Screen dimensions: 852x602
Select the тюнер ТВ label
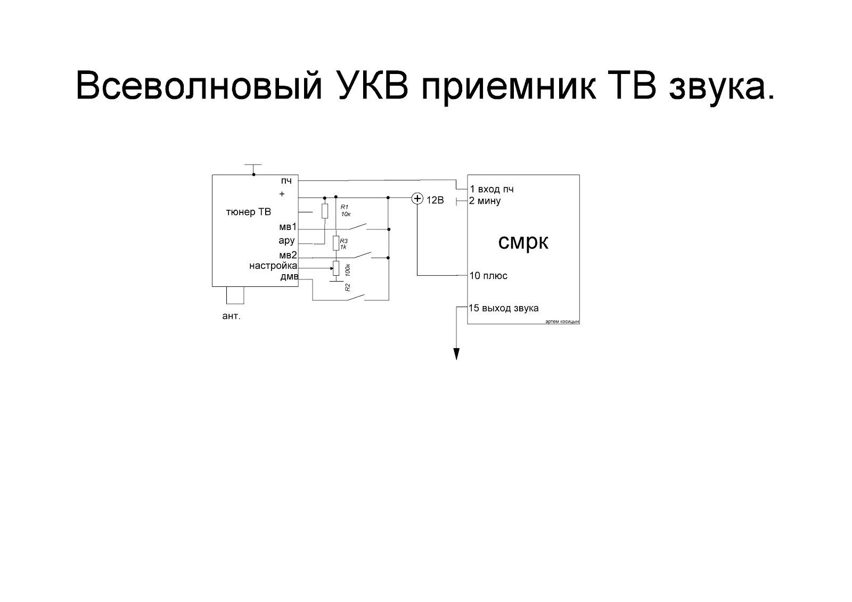click(249, 212)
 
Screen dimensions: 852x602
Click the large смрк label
click(523, 242)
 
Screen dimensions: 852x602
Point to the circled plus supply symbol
click(417, 199)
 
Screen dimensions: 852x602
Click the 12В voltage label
click(435, 201)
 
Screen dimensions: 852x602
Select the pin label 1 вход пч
click(491, 189)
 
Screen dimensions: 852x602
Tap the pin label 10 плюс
click(488, 276)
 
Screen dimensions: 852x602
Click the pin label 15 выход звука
click(504, 308)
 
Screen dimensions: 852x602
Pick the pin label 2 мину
click(485, 201)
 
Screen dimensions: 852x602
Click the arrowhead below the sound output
click(456, 354)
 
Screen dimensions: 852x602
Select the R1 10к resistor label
click(345, 211)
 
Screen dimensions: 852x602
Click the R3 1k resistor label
click(344, 244)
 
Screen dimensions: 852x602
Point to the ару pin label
click(286, 241)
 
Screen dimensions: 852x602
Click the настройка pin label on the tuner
click(273, 266)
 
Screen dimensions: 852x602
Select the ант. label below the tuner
click(232, 316)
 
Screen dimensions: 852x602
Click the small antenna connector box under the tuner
click(235, 295)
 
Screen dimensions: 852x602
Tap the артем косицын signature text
click(562, 322)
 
